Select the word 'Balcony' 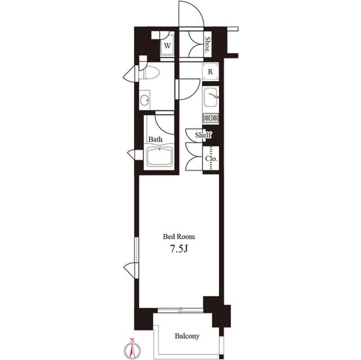(x=186, y=336)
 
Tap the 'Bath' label (x=156, y=139)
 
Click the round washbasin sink (x=145, y=101)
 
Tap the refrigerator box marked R (x=210, y=72)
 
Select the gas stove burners (x=210, y=118)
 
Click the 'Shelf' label (x=203, y=135)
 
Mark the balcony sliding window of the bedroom (x=180, y=309)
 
